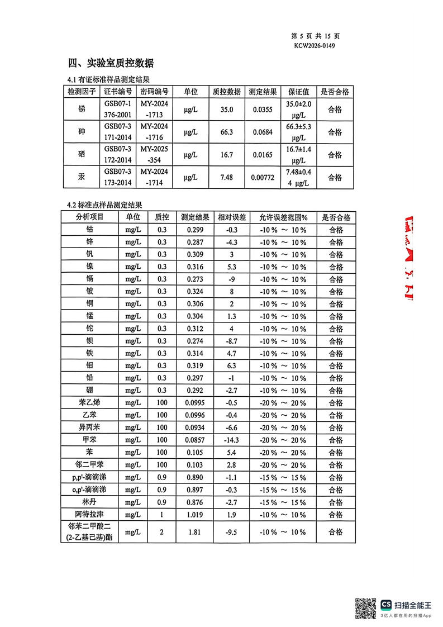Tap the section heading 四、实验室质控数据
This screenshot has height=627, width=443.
pyautogui.click(x=111, y=63)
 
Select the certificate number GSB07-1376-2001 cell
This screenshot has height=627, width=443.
pyautogui.click(x=117, y=110)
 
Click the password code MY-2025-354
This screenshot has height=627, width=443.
pyautogui.click(x=154, y=154)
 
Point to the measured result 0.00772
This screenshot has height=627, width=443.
pyautogui.click(x=262, y=177)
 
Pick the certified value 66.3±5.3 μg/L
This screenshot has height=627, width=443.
pyautogui.click(x=298, y=132)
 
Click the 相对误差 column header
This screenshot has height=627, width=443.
pyautogui.click(x=228, y=217)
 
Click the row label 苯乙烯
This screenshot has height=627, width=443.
pyautogui.click(x=90, y=403)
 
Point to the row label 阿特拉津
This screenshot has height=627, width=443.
pyautogui.click(x=90, y=514)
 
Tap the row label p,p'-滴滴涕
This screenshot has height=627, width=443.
pyautogui.click(x=90, y=477)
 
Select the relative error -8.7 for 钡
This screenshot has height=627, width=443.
pyautogui.click(x=228, y=341)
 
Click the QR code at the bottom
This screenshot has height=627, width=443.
pyautogui.click(x=366, y=607)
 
